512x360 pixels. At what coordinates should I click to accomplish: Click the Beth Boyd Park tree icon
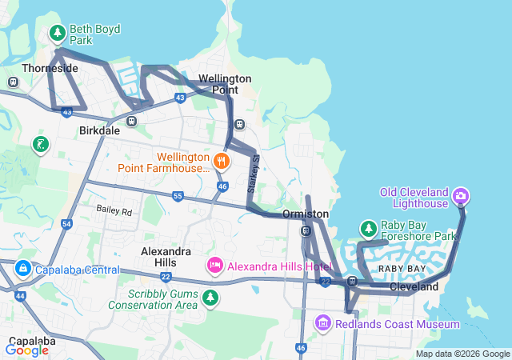click(57, 34)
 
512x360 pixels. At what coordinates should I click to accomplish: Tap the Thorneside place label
click(50, 69)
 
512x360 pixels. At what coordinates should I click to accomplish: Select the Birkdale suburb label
click(99, 130)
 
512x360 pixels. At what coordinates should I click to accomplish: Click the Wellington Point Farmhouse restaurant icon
click(222, 161)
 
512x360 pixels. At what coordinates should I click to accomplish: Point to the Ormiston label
click(306, 214)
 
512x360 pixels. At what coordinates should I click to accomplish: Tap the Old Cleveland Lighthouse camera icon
click(461, 195)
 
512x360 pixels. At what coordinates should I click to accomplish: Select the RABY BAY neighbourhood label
click(402, 268)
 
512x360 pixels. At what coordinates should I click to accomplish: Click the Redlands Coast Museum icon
click(322, 323)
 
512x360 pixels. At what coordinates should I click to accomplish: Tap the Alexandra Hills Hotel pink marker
click(214, 266)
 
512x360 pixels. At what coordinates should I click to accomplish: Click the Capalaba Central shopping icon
click(22, 269)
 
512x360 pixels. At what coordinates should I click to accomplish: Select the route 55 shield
click(178, 196)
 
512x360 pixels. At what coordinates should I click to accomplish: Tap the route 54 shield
click(67, 225)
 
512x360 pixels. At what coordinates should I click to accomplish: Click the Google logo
click(26, 350)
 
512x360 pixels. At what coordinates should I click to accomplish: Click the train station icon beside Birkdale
click(132, 122)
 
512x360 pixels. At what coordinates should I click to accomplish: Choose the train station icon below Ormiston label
click(306, 231)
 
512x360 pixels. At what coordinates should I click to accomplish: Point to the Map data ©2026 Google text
click(462, 354)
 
